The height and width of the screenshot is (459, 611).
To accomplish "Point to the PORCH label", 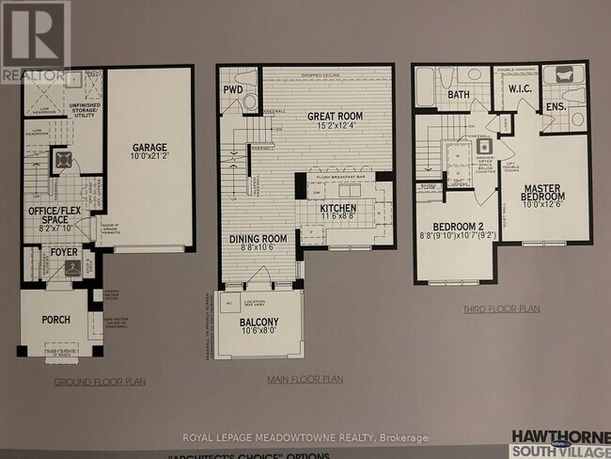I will point(55,320).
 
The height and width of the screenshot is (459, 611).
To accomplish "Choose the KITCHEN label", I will point(338,208).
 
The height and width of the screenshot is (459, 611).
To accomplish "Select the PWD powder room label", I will point(232,90).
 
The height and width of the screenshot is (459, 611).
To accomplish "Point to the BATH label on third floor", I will point(458,95).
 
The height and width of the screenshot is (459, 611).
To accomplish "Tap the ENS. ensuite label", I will point(555,107).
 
